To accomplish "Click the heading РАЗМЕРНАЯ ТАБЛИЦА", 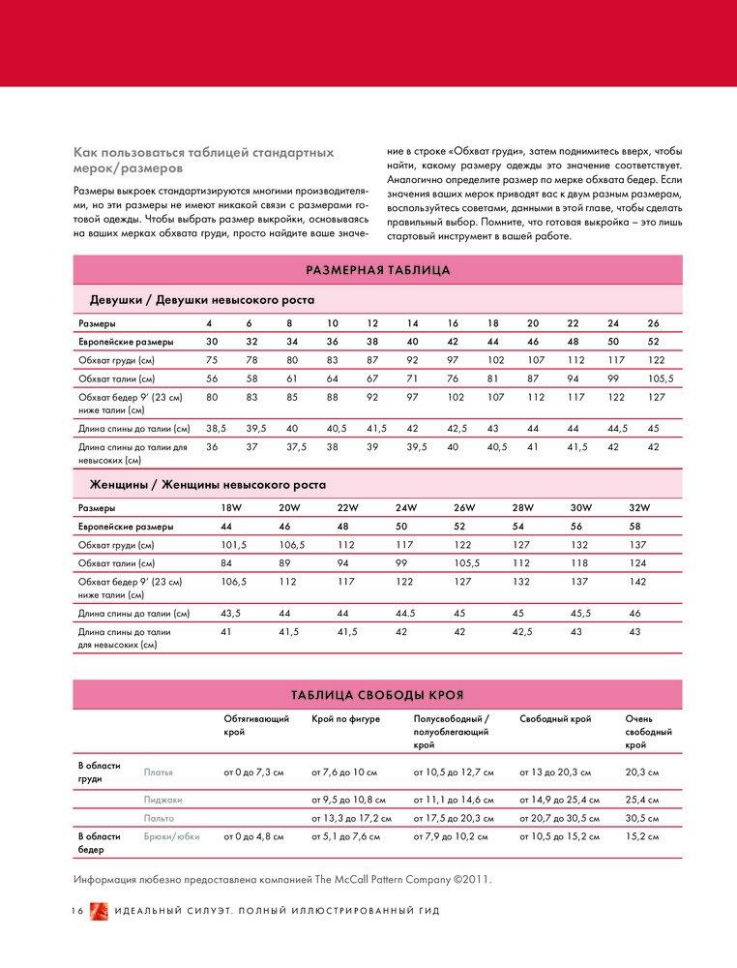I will click(377, 270).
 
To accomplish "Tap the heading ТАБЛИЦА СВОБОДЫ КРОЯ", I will click(377, 695).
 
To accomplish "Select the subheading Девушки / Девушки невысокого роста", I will click(202, 300).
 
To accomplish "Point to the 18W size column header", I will click(231, 507).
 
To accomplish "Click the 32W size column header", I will click(639, 507).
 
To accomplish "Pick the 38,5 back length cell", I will click(217, 427).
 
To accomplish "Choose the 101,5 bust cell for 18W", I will click(234, 545).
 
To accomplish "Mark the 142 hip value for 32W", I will click(638, 582).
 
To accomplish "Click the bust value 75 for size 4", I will click(212, 359).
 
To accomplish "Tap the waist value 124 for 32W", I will click(638, 563).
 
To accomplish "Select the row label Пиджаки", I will click(163, 801).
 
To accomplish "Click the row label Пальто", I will click(160, 819).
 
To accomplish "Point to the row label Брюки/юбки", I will click(171, 836).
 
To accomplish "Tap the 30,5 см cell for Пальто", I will click(643, 819).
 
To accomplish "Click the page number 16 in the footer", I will click(77, 913).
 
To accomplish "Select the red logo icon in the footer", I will click(99, 913).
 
